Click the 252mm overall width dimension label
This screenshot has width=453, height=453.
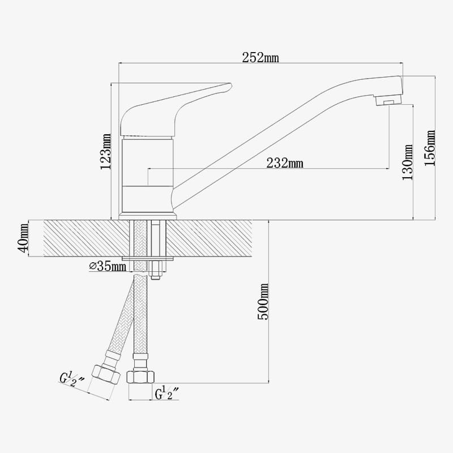(x=260, y=58)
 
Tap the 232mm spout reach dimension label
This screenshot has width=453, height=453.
(x=285, y=163)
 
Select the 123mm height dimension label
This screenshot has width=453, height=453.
(x=105, y=152)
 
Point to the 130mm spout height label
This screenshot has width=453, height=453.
(x=408, y=162)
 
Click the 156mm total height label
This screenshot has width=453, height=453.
(x=430, y=148)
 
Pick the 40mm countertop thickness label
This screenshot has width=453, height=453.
(x=23, y=238)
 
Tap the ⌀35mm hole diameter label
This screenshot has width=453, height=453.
(x=108, y=266)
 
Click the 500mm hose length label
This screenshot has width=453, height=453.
(x=263, y=302)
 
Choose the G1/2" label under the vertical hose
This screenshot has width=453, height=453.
(x=167, y=394)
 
